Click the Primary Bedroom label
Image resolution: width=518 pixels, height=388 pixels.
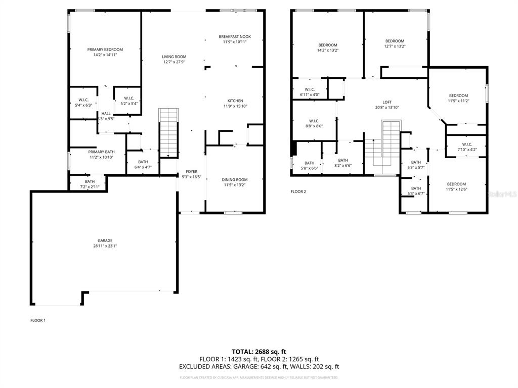click(x=105, y=50)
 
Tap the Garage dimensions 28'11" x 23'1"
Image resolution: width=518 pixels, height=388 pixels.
click(x=105, y=246)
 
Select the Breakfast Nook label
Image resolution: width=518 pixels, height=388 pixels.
click(x=235, y=36)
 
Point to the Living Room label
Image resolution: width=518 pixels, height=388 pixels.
click(x=174, y=57)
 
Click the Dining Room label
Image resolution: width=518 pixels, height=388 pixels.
click(x=235, y=179)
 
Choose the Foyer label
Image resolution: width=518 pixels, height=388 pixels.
click(x=191, y=172)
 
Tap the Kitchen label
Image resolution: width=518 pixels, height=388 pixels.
click(x=235, y=101)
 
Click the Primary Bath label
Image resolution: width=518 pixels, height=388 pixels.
click(x=102, y=152)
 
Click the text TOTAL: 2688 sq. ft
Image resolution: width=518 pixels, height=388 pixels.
click(x=259, y=352)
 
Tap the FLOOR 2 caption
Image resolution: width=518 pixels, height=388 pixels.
click(x=298, y=191)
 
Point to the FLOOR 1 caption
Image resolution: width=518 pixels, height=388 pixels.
click(x=38, y=320)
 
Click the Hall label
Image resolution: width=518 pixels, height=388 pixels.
click(x=106, y=114)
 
